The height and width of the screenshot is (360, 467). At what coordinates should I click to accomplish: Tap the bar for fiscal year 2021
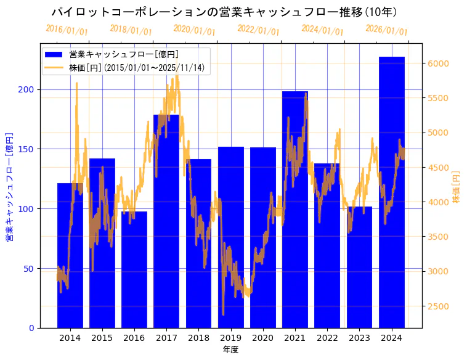(295, 210)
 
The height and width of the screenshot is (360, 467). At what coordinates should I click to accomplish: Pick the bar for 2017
(166, 221)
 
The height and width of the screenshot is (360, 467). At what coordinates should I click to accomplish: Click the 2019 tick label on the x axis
(230, 338)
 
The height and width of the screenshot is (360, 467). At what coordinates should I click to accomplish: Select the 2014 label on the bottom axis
(70, 338)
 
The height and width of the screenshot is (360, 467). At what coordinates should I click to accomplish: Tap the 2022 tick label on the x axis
(327, 338)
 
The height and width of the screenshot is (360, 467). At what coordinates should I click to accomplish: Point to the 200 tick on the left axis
(27, 89)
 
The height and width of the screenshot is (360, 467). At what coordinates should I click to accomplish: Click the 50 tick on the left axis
(30, 269)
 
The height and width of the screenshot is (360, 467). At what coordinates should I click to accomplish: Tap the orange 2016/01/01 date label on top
(67, 30)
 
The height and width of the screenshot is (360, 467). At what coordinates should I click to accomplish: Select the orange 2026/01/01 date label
(387, 30)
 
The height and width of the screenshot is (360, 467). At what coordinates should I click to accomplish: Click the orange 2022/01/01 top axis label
(259, 30)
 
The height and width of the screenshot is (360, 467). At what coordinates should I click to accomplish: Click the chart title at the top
(224, 12)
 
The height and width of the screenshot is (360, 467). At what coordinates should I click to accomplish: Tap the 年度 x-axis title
(230, 350)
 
